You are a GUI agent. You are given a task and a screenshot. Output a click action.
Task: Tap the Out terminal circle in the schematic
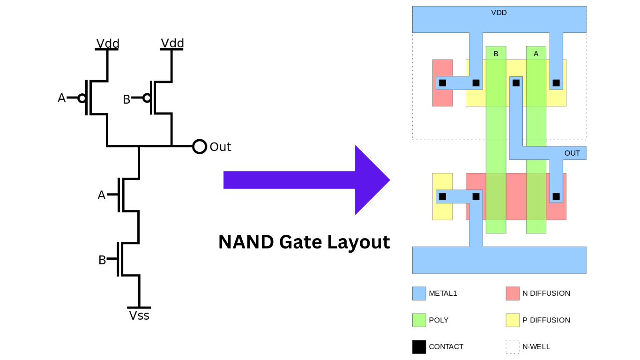tap(200, 147)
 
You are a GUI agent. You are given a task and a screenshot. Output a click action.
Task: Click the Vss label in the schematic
tap(139, 315)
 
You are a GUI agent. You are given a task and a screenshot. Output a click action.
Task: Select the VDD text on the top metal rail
tap(499, 13)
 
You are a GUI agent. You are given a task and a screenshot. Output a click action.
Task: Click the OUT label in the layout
tap(572, 153)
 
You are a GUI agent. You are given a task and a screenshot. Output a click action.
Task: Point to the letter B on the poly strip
tap(496, 54)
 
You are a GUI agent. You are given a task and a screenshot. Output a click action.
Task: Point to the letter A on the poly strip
tap(536, 54)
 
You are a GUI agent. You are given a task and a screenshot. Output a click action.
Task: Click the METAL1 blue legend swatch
tap(419, 293)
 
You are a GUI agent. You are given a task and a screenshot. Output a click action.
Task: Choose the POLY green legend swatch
tap(419, 320)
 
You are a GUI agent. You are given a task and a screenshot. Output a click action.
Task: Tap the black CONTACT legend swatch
tap(419, 347)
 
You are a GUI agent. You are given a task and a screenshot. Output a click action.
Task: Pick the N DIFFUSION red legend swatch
tap(513, 293)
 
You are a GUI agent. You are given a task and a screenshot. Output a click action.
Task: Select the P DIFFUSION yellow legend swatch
tap(513, 320)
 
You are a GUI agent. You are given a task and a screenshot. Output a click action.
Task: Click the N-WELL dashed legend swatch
tap(513, 347)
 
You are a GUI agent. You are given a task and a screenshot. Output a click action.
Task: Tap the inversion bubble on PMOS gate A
tap(82, 98)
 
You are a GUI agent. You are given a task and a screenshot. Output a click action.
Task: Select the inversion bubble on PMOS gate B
tap(147, 98)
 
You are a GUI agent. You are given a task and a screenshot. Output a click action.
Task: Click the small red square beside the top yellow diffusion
tap(442, 98)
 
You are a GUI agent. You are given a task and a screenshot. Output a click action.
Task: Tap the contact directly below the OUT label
tap(556, 196)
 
